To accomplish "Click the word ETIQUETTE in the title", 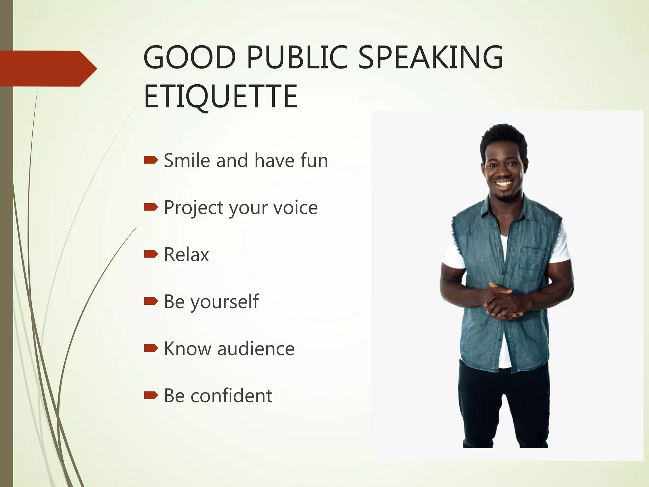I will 221,96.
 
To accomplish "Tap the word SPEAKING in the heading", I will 431,57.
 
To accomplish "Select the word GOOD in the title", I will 190,57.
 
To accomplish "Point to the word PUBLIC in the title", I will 297,57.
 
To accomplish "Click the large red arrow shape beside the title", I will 48,68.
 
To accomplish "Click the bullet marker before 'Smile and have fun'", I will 151,160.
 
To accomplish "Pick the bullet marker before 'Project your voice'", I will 151,207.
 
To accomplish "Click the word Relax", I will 186,255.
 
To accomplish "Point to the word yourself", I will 225,302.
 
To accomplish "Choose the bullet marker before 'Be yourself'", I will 151,301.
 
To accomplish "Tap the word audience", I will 256,349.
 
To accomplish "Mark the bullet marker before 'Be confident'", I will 151,395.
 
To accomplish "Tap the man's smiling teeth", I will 504,184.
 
